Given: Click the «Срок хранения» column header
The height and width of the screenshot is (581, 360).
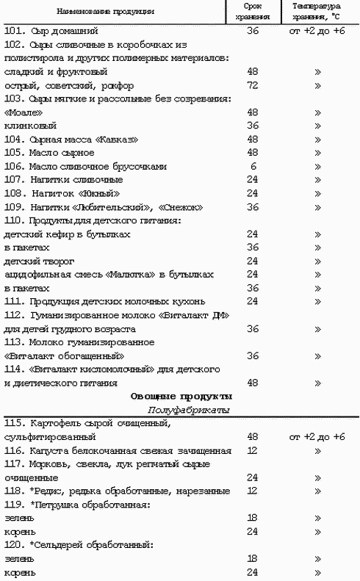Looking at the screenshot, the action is [253, 12].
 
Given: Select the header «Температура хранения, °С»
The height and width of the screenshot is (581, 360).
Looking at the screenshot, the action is [318, 12].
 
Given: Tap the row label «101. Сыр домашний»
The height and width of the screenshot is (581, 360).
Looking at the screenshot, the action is [51, 32].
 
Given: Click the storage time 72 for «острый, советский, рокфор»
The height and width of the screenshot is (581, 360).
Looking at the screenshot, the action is [253, 85].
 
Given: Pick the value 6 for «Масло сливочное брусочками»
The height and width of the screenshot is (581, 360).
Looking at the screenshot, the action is [253, 166].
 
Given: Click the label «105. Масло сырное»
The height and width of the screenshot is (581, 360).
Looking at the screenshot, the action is [49, 153].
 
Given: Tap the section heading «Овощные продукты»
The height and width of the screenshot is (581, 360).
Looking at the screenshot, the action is [181, 396].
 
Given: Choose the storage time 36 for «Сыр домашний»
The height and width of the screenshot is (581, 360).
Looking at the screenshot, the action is [253, 32].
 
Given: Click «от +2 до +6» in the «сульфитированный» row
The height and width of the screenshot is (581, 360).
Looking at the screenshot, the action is [317, 436].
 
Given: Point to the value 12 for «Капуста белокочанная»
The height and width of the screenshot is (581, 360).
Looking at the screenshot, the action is [253, 450].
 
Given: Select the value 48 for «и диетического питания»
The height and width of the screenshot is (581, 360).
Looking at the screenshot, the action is [253, 383].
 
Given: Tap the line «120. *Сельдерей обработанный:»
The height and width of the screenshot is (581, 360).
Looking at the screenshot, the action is [78, 544].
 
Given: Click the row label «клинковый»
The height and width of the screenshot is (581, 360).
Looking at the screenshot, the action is [25, 126].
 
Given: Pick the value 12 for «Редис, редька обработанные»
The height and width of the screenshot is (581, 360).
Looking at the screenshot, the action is [253, 490].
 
